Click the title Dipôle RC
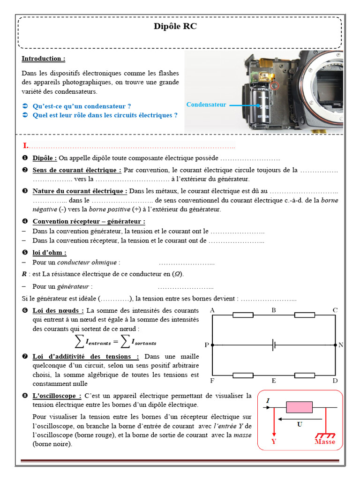click(175, 27)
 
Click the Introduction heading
click(43, 59)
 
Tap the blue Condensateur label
click(206, 105)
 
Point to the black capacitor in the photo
click(260, 107)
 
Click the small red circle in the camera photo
click(274, 86)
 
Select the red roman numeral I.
click(26, 146)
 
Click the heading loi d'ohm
click(49, 252)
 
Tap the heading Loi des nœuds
click(58, 310)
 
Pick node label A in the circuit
click(212, 310)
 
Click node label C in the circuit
click(335, 310)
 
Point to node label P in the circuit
click(207, 345)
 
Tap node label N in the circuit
click(341, 345)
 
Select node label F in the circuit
click(212, 381)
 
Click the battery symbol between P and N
click(274, 345)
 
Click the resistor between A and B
click(243, 315)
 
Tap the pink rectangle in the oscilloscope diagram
click(299, 407)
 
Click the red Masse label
click(325, 442)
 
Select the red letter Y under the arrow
click(273, 442)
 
